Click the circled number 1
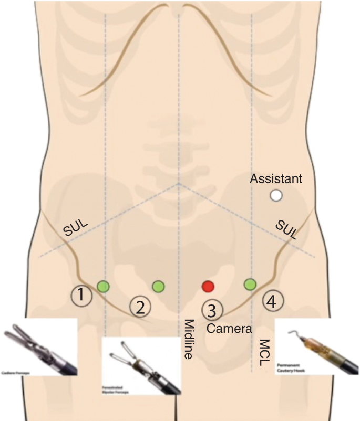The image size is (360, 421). [81, 296]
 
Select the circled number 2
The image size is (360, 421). [140, 307]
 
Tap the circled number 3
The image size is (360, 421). [212, 310]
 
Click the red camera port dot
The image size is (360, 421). [209, 286]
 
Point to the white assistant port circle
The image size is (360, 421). [276, 196]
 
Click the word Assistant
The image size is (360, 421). [276, 179]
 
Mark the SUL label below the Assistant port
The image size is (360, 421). [286, 229]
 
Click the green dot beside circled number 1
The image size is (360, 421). [103, 286]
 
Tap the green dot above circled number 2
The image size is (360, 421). [158, 286]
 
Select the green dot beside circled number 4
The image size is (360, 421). [250, 285]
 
